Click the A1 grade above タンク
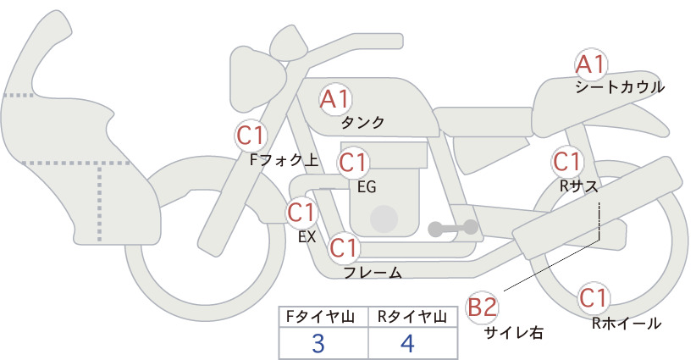pos(335,99)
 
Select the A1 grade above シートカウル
pos(591,64)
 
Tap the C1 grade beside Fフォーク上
pos(251,136)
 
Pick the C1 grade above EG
pos(353,163)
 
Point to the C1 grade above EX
pos(301,212)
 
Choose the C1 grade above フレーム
pos(344,247)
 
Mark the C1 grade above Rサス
pos(566,162)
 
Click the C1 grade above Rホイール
pos(594,298)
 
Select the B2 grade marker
pos(483,307)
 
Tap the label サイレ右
pos(514,333)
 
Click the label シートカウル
pos(620,87)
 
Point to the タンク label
pos(362,122)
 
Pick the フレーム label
pos(373,273)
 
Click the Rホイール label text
pos(627,324)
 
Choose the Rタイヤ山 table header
pos(412,317)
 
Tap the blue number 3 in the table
pos(318,343)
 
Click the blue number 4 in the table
pos(407,343)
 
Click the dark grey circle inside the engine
pos(384,219)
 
